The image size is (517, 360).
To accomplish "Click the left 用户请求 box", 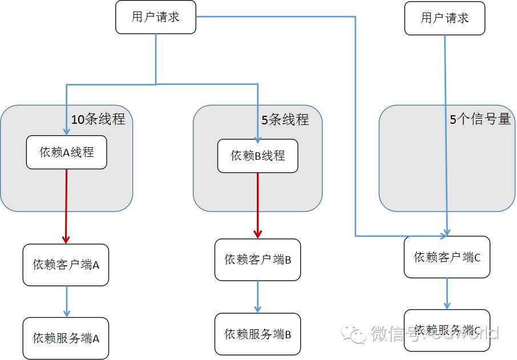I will point(156,17).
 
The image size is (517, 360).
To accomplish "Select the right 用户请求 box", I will point(445,18).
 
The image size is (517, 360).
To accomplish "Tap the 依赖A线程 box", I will point(66,152).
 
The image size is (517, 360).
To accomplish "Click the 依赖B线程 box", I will point(257,156).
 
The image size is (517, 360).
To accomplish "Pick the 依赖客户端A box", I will point(66,265).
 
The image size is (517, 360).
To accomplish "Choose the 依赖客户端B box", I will point(257,260).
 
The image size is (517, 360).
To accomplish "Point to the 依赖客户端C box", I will point(447,257).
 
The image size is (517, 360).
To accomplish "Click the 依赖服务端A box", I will point(66,338).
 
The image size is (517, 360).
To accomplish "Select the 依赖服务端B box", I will point(257,334).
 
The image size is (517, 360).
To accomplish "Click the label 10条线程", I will point(98,120).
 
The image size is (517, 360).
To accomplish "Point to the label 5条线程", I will point(285,120).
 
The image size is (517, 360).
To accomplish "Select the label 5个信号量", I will point(479,120).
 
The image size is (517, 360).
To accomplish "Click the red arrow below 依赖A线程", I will point(66,205).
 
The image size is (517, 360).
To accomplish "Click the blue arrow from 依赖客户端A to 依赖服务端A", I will point(66,301).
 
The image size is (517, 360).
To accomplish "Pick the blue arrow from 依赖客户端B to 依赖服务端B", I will point(257,296).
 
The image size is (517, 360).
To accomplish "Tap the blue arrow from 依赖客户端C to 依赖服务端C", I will point(447,294).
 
